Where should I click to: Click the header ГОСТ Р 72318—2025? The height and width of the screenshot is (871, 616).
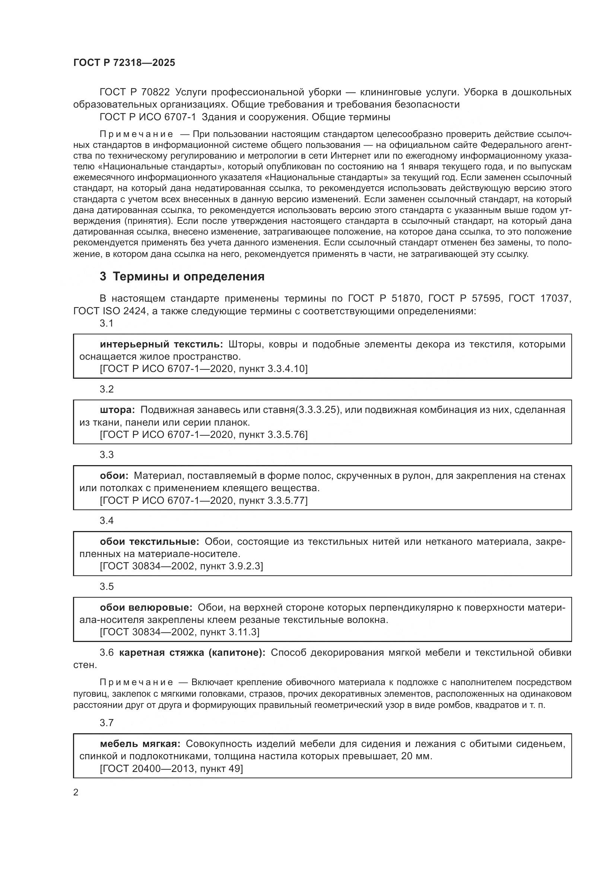point(124,63)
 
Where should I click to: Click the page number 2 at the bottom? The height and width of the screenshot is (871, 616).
point(76,792)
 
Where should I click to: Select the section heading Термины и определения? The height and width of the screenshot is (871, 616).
point(188,277)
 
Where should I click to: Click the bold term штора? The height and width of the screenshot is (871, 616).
point(117,410)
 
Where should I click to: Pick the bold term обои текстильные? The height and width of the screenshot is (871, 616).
point(149,541)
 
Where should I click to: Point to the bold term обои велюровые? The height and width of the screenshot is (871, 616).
point(146,607)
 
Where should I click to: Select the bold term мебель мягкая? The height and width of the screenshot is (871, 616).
point(140,744)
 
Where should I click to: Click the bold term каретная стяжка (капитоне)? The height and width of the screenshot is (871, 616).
point(192,652)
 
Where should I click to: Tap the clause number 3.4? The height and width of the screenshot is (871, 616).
point(107,521)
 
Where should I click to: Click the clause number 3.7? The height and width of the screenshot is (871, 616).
point(107,723)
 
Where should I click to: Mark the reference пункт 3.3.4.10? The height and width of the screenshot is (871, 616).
point(273,369)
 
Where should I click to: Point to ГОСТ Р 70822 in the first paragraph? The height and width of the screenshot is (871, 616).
point(135,92)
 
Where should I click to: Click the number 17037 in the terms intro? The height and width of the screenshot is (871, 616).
point(555,299)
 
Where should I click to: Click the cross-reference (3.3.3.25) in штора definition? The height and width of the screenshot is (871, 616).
point(317,410)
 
